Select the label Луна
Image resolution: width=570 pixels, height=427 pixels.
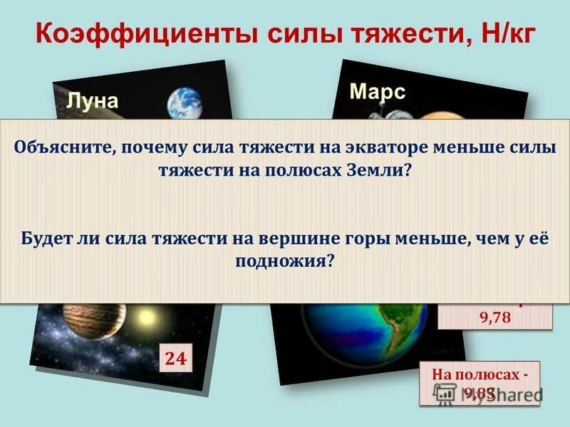point(92,100)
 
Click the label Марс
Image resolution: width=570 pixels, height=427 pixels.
point(378,92)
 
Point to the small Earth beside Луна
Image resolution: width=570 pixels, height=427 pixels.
point(185,103)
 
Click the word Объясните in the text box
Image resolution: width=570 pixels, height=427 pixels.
point(63,147)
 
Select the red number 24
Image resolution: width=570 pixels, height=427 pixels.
point(175,359)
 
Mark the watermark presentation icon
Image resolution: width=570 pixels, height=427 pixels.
point(445,393)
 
